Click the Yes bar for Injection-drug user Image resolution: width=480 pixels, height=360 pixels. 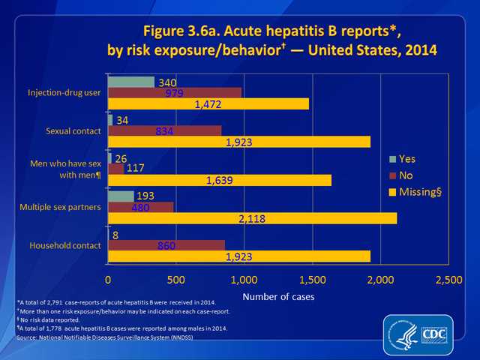pos(131,82)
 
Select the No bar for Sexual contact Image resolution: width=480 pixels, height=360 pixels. pos(165,130)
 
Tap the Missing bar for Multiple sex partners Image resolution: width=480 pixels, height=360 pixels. pos(252,218)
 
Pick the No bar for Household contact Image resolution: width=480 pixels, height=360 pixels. pos(166,245)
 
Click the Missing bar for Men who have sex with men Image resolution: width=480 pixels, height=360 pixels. pos(220,180)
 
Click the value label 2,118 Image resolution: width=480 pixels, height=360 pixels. pos(252,218)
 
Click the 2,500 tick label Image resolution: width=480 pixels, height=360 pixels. pos(448,279)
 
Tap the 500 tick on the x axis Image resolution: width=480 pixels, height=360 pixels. pos(176,279)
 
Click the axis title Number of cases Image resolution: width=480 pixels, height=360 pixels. pos(279,296)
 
